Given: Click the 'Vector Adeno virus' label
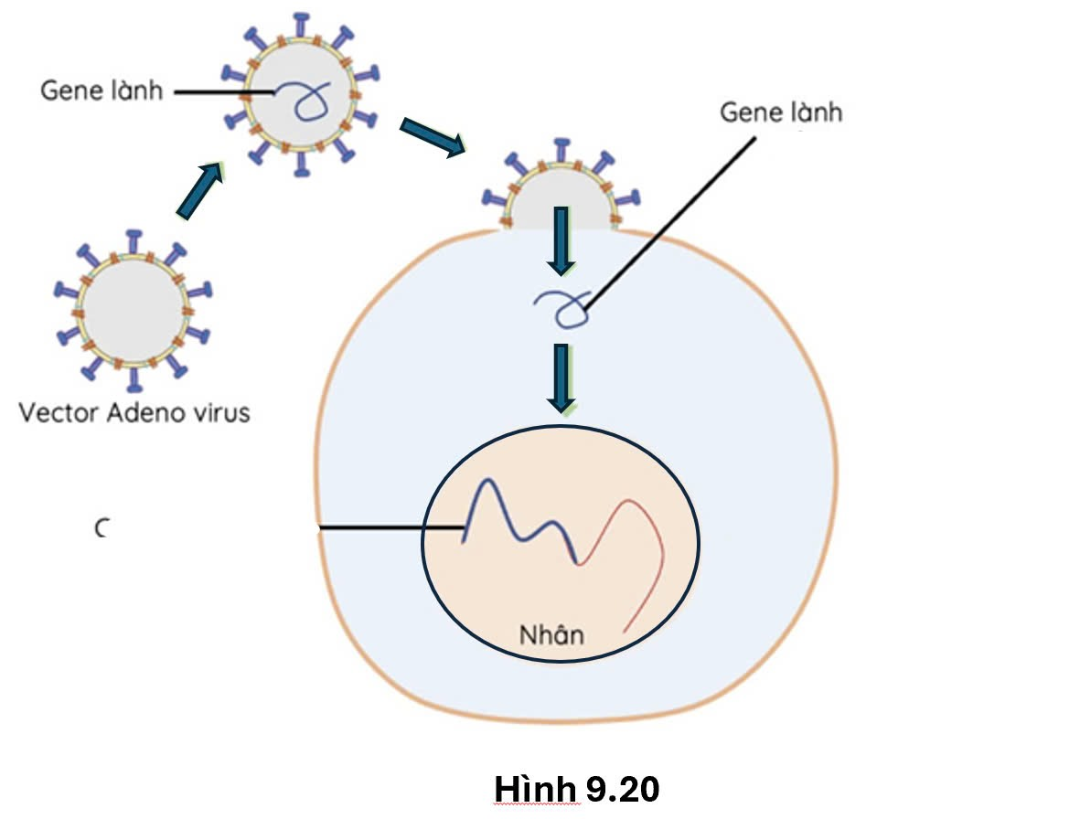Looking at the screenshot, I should [x=134, y=413].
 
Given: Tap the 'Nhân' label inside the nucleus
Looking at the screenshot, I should [x=551, y=634].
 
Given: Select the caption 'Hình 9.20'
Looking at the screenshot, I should [x=576, y=788].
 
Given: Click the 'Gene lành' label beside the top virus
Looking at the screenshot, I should [x=102, y=90].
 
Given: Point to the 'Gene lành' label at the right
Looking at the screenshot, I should [x=781, y=112].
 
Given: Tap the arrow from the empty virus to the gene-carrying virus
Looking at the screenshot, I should [x=199, y=190].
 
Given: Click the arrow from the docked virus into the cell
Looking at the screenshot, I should [x=561, y=240].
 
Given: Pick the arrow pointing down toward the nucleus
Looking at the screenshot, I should [x=561, y=378].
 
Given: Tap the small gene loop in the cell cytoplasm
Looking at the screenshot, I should [x=562, y=309].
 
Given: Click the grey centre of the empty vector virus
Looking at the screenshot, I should [x=134, y=310].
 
